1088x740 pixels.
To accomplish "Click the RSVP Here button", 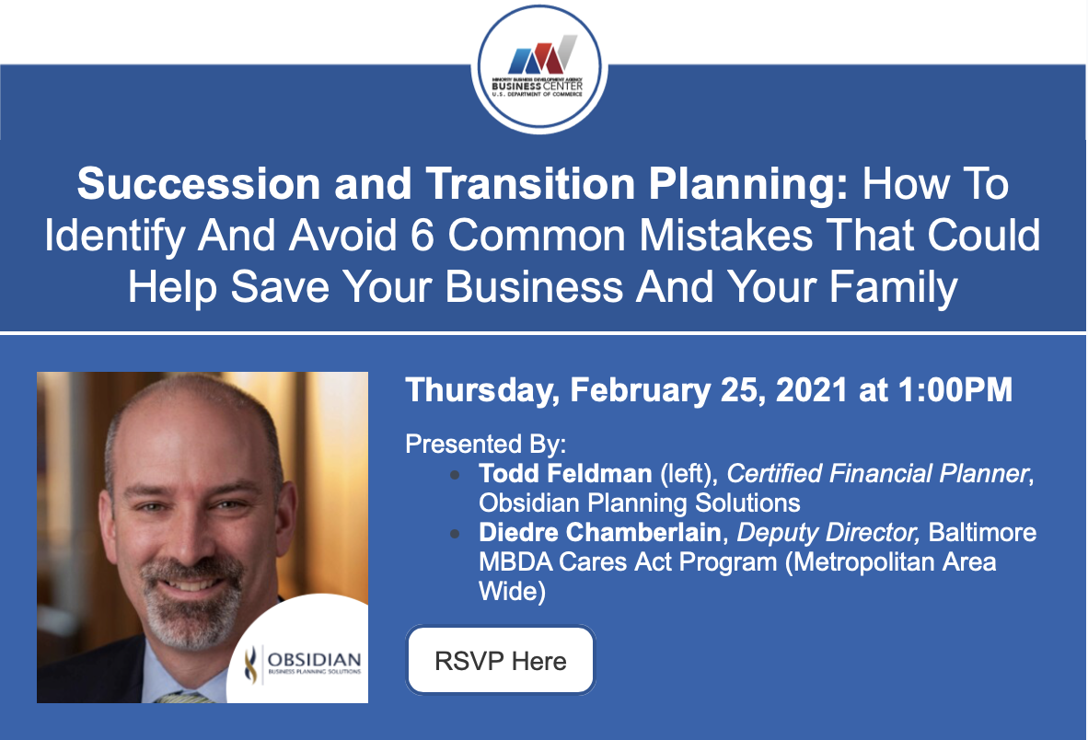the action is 501,660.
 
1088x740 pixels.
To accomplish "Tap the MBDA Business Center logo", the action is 539,68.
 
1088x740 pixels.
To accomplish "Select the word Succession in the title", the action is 199,184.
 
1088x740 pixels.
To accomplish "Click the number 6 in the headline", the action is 422,236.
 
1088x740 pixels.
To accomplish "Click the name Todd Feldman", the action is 565,474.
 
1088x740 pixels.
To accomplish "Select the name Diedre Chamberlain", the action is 600,533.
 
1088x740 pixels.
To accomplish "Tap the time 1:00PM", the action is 955,389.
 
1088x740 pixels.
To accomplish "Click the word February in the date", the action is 640,390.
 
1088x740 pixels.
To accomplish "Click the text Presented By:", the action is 486,444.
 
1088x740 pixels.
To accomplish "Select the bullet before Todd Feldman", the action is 455,475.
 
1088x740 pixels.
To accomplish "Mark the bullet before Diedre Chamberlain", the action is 455,534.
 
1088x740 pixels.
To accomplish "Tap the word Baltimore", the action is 982,533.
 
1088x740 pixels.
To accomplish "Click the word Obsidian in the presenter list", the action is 529,503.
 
